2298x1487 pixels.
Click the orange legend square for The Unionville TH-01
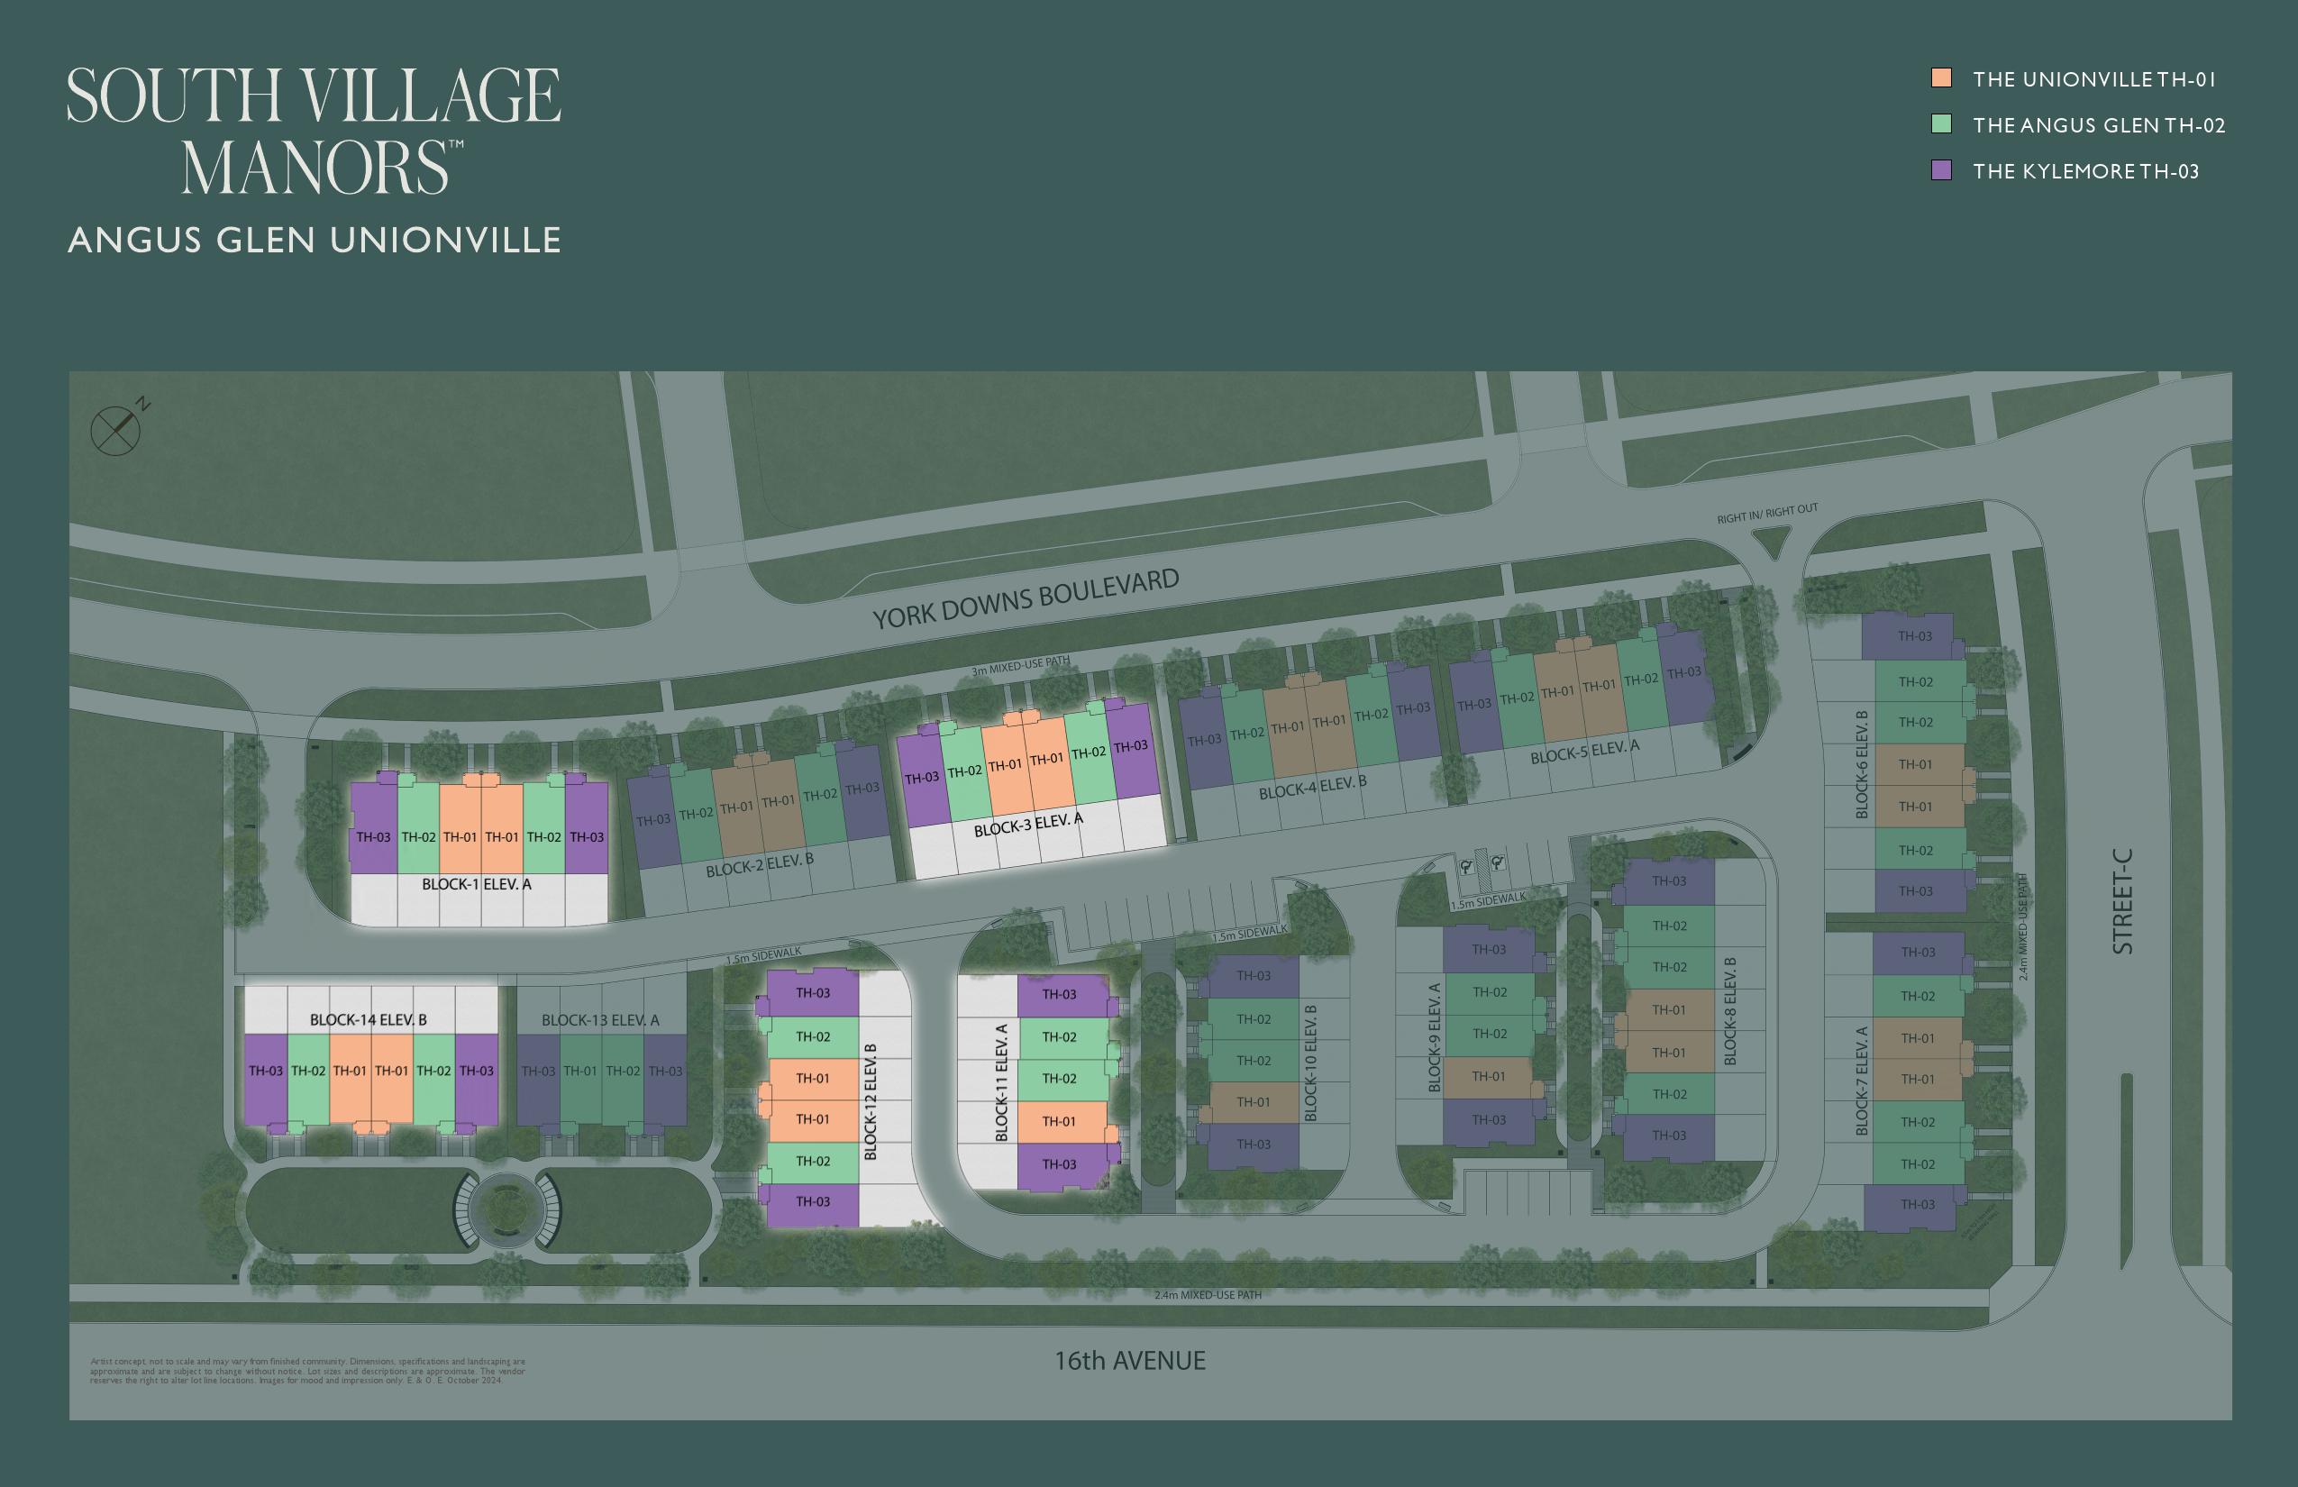[x=1941, y=78]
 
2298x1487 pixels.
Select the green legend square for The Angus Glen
[x=1941, y=124]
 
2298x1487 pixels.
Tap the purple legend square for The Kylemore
[x=1941, y=171]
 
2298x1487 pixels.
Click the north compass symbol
[x=117, y=430]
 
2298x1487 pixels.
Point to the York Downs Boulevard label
[x=1026, y=598]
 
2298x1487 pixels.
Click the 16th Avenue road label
[x=1130, y=1361]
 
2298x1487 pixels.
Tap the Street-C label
[x=2122, y=901]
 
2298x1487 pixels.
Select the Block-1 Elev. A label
[x=476, y=883]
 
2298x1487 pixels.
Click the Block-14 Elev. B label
[x=368, y=1019]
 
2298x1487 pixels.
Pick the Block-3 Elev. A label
[x=1027, y=825]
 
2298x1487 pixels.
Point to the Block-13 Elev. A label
[x=599, y=1019]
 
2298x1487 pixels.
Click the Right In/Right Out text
[x=1767, y=513]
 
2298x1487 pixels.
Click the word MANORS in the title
[x=315, y=168]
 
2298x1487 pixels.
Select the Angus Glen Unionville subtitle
[x=314, y=240]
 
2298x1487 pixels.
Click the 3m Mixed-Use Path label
[x=1020, y=665]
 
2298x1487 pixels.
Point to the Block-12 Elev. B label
[x=870, y=1100]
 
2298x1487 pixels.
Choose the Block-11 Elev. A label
[x=1001, y=1082]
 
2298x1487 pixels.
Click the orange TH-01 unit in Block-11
[x=1059, y=1121]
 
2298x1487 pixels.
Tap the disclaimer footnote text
[x=307, y=1370]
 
